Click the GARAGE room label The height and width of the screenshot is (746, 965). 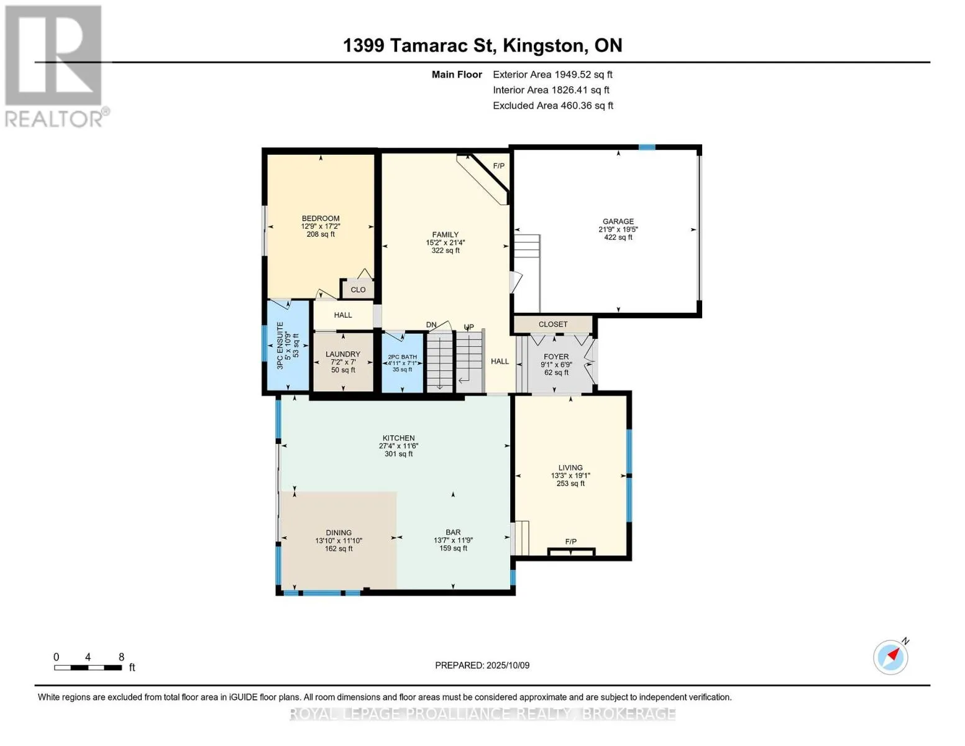coord(618,221)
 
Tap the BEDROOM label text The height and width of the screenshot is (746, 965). coord(320,218)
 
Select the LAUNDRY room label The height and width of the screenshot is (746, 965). coord(342,354)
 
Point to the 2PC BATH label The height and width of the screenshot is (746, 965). coord(403,357)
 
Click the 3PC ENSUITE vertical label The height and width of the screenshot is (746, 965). coord(280,345)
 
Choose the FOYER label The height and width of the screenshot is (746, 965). coord(556,356)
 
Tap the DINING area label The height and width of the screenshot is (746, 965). coord(339,532)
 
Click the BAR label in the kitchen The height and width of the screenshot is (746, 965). coord(453,532)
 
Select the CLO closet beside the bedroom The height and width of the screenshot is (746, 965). coord(358,290)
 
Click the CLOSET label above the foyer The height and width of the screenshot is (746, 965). coord(553,325)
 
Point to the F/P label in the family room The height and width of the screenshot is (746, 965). coord(499,166)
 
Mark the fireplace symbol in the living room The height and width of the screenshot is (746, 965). coord(571,552)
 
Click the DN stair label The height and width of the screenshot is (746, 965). coord(431,325)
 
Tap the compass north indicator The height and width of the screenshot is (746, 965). coord(891,657)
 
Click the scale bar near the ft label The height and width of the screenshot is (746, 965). coord(88,667)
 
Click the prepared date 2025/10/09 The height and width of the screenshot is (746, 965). coord(508,665)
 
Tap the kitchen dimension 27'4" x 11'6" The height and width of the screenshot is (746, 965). coord(398,446)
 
